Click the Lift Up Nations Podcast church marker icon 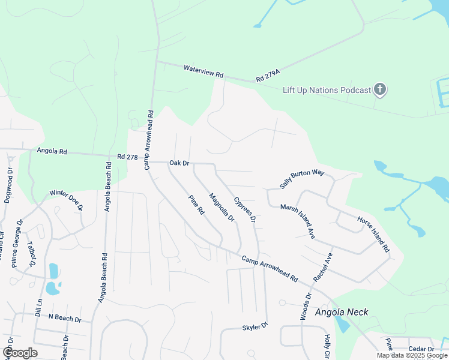pyautogui.click(x=379, y=90)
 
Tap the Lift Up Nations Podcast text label pyautogui.click(x=327, y=90)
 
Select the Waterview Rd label pyautogui.click(x=203, y=71)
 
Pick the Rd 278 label pyautogui.click(x=128, y=157)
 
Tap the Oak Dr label pyautogui.click(x=179, y=163)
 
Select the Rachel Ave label pyautogui.click(x=323, y=268)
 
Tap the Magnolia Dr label pyautogui.click(x=221, y=208)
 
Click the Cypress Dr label pyautogui.click(x=245, y=211)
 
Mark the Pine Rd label pyautogui.click(x=196, y=205)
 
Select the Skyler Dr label pyautogui.click(x=255, y=328)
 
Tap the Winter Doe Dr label pyautogui.click(x=66, y=200)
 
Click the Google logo pyautogui.click(x=20, y=353)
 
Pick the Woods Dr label pyautogui.click(x=305, y=307)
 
